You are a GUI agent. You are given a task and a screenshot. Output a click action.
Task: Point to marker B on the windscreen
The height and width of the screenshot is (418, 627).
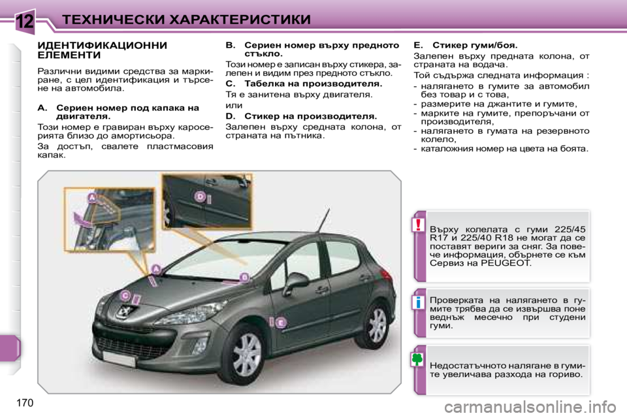tap(244, 278)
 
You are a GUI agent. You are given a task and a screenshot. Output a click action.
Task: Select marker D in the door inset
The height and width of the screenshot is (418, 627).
tap(201, 196)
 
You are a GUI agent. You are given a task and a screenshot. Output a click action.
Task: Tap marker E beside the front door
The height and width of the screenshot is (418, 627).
tap(280, 322)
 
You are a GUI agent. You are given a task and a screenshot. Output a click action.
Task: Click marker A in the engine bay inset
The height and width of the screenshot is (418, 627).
tap(92, 197)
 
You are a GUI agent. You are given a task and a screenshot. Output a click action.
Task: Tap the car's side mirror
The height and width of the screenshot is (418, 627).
tap(295, 281)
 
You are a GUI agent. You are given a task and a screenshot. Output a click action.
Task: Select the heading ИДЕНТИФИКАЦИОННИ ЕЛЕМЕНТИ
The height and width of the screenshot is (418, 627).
tap(103, 51)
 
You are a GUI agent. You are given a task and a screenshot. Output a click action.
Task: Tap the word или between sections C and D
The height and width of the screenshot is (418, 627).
tap(233, 105)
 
